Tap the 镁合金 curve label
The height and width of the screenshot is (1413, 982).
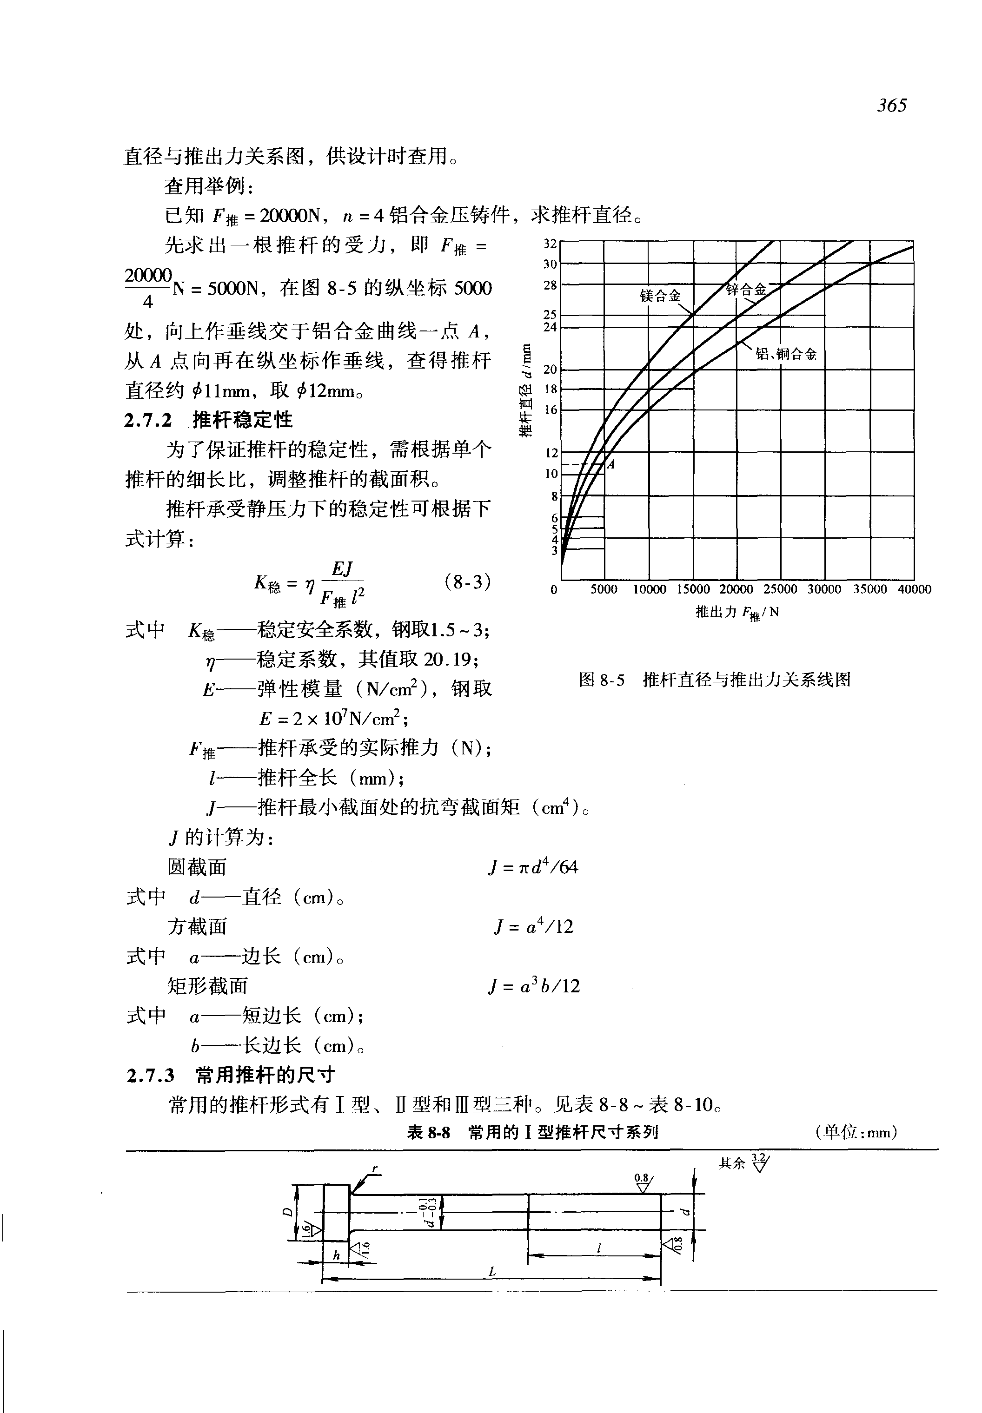click(660, 296)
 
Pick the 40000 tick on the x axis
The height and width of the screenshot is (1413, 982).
click(914, 589)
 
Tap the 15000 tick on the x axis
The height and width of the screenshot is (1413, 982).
click(693, 589)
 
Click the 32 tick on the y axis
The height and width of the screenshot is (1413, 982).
click(550, 243)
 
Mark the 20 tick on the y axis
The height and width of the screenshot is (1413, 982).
click(550, 369)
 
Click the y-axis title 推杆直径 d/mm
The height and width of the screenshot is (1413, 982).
click(525, 390)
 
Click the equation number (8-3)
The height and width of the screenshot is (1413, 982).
click(467, 581)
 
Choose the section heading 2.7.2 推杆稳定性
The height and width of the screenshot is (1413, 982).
click(209, 420)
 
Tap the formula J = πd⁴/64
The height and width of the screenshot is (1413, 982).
click(533, 867)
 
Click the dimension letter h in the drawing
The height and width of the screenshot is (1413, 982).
click(336, 1255)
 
